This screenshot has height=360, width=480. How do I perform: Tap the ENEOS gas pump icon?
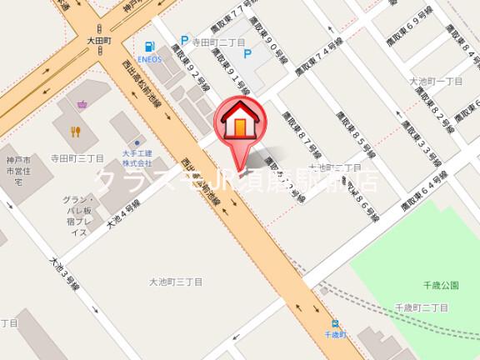(x=151, y=46)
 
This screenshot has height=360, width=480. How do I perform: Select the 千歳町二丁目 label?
(x=422, y=307)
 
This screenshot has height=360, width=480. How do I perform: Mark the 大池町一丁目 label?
(x=432, y=81)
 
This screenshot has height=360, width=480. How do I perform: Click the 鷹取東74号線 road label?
(x=317, y=67)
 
